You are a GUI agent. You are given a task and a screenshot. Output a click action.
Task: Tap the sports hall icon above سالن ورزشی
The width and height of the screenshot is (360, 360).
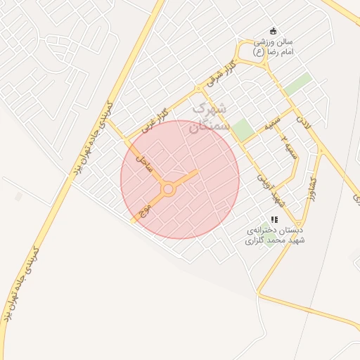tap(274, 30)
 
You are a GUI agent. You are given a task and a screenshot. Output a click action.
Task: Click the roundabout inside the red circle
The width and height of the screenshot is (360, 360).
tap(168, 189)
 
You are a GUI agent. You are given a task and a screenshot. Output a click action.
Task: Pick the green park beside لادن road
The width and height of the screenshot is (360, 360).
tap(298, 84)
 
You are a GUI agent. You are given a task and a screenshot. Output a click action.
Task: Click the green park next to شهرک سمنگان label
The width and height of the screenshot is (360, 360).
tap(243, 129)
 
